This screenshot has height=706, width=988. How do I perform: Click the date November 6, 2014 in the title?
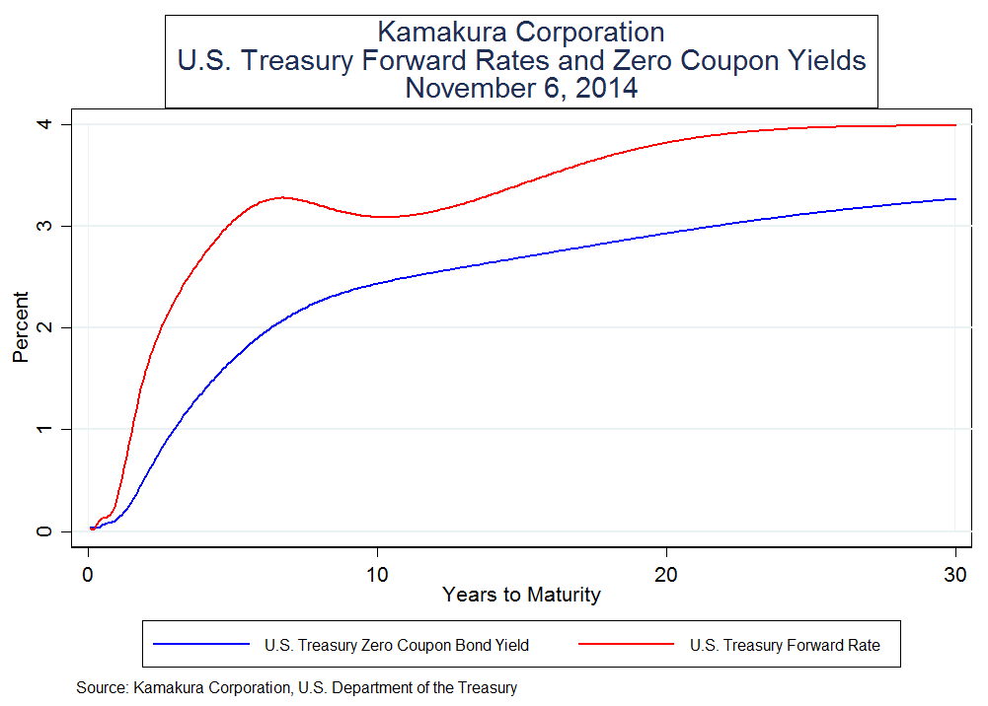(521, 88)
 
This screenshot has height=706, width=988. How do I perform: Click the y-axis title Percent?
(21, 327)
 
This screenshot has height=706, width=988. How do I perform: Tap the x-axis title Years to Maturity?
(521, 595)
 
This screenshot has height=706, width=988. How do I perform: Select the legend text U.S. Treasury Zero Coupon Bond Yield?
(397, 646)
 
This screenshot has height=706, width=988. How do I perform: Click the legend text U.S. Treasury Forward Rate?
(785, 646)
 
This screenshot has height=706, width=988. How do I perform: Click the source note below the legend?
(296, 687)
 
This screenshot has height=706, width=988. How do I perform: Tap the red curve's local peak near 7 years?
(282, 197)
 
